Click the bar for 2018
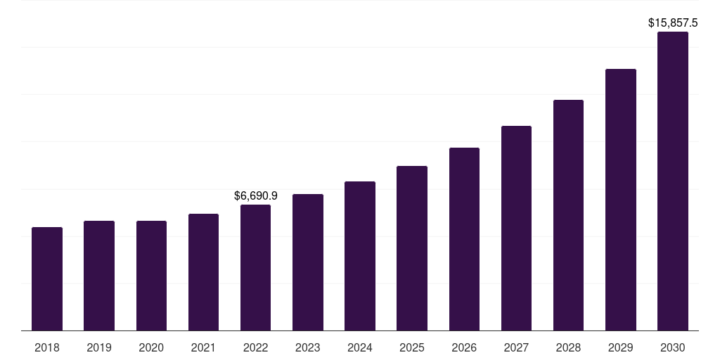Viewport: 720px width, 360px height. point(47,279)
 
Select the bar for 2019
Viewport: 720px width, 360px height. point(99,276)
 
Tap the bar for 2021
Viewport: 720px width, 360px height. point(203,272)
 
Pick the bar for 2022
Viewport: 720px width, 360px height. point(255,268)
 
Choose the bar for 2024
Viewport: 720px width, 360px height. point(360,256)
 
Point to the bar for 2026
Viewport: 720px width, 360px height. point(464,239)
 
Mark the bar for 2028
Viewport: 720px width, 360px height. point(568,215)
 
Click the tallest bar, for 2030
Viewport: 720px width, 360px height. point(673,181)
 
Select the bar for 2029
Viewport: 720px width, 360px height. point(621,200)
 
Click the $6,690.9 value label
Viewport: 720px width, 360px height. point(256,195)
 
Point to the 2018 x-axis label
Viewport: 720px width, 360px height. point(47,347)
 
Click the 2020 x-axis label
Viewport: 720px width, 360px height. point(151,347)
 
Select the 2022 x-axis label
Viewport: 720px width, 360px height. point(255,347)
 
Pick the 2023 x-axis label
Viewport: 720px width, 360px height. point(308,347)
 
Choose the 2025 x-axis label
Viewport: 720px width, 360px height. point(412,347)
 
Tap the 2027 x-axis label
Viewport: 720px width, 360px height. point(516,347)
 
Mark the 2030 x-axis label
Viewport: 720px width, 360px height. point(673,347)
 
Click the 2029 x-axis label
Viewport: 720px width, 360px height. point(621,347)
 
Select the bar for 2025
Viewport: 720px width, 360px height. point(412,248)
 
